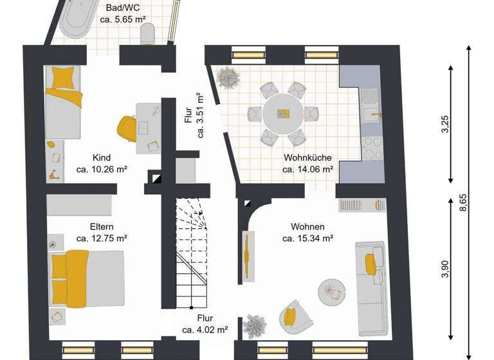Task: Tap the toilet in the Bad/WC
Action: pos(147,33)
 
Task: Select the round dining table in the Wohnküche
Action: pos(284,114)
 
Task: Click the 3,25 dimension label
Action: pos(444,123)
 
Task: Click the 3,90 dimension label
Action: pos(444,270)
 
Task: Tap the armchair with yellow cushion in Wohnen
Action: pos(293,316)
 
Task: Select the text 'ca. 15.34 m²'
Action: pos(307,239)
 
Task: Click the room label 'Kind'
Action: pos(102,158)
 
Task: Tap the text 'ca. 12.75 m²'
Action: pos(102,238)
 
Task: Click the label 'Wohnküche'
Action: pos(307,158)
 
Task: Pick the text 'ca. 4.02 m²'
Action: pos(205,330)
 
